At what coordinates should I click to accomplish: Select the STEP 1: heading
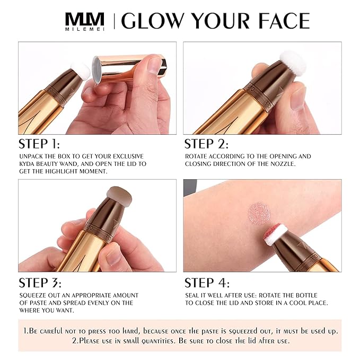[39, 144]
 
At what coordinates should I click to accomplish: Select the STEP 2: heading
[206, 144]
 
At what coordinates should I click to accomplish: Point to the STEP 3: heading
[40, 283]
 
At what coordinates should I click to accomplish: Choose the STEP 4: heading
[206, 283]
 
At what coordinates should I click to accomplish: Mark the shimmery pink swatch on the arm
[259, 213]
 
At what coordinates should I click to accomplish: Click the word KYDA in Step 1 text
[30, 164]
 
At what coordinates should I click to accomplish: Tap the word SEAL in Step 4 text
[194, 295]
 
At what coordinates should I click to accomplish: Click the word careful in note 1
[62, 331]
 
